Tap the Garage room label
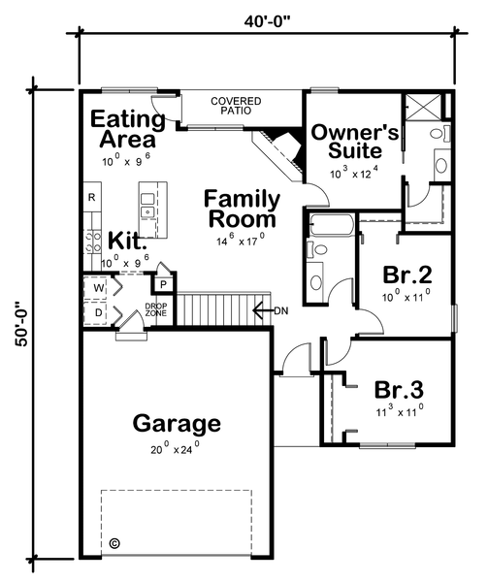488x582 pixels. click(x=177, y=424)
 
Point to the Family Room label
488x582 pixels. click(x=242, y=209)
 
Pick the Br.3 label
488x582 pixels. click(x=399, y=390)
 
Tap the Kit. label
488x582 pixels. click(x=127, y=240)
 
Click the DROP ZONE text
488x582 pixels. click(x=156, y=309)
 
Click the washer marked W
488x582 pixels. click(x=99, y=288)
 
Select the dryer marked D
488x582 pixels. click(x=99, y=313)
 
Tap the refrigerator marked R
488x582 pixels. click(x=91, y=198)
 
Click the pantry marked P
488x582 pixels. click(x=163, y=282)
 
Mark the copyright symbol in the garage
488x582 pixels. click(x=114, y=543)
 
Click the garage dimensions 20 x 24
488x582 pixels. click(x=177, y=448)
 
